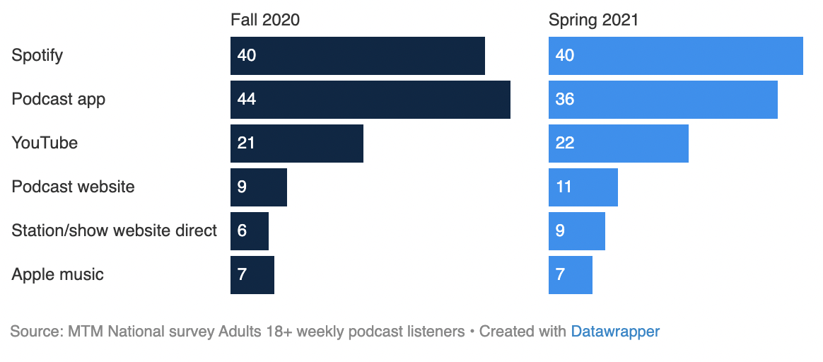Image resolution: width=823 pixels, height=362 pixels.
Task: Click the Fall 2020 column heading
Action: (265, 20)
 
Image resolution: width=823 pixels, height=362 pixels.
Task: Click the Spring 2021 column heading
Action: (593, 21)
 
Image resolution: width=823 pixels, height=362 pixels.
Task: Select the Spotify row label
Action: (37, 56)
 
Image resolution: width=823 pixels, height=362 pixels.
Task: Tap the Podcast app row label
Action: (58, 100)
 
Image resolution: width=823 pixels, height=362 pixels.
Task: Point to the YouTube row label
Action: (45, 143)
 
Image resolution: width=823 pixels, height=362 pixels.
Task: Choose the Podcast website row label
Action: (73, 187)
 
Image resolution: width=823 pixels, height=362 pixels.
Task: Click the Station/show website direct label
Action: (115, 230)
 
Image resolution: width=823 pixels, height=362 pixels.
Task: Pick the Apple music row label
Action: (58, 274)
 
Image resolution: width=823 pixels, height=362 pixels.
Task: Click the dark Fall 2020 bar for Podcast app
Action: (370, 100)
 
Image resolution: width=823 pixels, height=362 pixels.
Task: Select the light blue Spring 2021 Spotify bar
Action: (675, 56)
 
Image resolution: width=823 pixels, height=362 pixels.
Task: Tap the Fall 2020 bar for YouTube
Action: (296, 144)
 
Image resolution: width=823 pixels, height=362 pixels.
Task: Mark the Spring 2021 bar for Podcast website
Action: (583, 187)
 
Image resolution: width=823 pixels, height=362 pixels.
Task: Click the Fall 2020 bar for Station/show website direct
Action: (250, 230)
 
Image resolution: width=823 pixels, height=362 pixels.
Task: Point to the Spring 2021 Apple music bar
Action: (570, 275)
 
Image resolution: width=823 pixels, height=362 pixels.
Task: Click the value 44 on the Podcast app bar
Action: (247, 99)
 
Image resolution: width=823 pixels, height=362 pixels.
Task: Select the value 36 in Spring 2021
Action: (565, 99)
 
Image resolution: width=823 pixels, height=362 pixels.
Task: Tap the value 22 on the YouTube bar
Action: (565, 143)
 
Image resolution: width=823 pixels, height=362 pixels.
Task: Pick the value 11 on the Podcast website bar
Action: (564, 187)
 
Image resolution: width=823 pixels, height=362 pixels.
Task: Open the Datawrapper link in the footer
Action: (615, 332)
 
